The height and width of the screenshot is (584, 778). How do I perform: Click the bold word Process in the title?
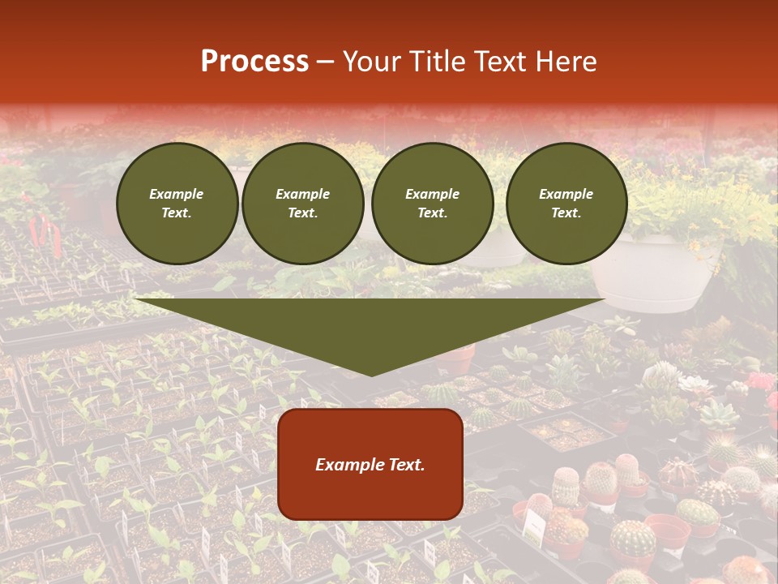[x=254, y=62]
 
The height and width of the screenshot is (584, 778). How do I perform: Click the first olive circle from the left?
[x=177, y=204]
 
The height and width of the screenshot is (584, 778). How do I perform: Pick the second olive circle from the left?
[x=303, y=204]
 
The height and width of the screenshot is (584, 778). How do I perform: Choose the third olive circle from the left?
[x=433, y=204]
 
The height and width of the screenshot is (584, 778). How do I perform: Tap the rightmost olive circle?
[x=566, y=204]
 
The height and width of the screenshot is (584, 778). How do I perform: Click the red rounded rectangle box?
[x=370, y=464]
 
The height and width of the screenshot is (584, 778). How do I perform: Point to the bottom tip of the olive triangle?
[x=371, y=375]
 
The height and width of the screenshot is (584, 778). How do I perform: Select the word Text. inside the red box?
[x=408, y=465]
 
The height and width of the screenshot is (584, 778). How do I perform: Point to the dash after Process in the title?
[x=326, y=62]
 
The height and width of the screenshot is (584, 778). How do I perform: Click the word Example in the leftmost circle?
[x=177, y=194]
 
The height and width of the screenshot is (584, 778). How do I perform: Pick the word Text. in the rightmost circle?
[x=566, y=213]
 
